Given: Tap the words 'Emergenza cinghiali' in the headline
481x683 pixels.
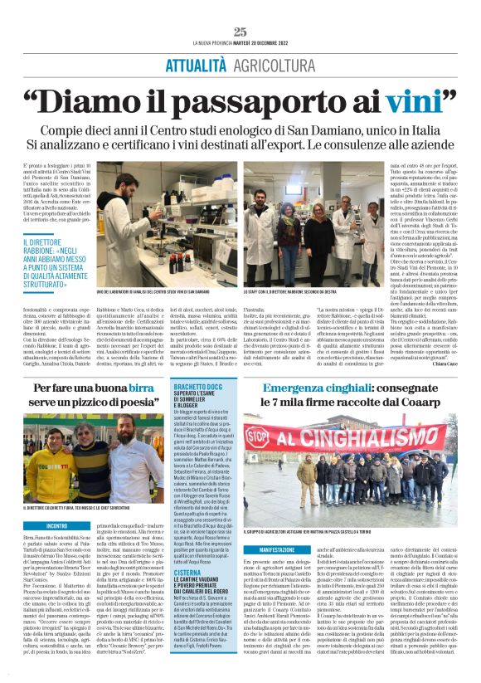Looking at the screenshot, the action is click(324, 390).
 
